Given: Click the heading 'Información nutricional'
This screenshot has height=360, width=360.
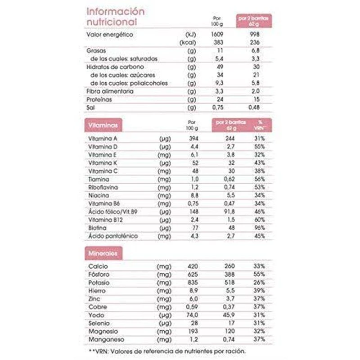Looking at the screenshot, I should pos(115,16).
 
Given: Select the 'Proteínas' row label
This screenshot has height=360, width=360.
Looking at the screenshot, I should pos(99,99).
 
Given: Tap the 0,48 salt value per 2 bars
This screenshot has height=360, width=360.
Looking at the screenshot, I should pos(255,108).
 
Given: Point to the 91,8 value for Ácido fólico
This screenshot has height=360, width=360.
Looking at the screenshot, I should pos(231,212).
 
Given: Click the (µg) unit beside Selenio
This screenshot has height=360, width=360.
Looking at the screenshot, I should pos(164,324).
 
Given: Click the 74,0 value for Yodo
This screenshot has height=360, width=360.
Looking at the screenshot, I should pos(193,315).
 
